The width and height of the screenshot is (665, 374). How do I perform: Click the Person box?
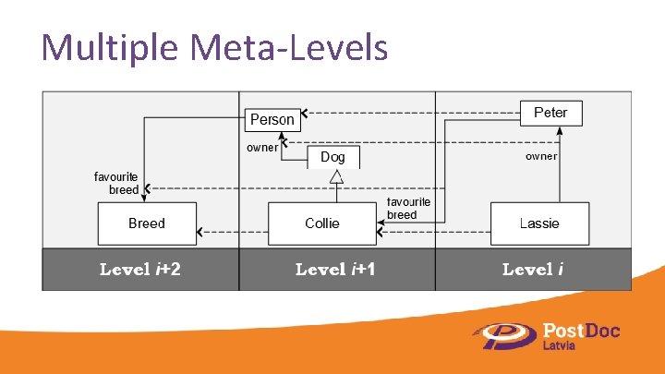click(272, 119)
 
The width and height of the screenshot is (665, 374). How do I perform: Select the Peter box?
click(550, 113)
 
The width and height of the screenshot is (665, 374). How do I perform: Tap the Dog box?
click(332, 157)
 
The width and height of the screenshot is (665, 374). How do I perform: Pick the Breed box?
click(147, 223)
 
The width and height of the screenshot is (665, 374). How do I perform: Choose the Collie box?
click(321, 223)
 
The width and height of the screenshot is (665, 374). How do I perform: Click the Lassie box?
click(539, 223)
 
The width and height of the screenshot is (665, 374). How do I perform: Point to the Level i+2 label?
click(140, 270)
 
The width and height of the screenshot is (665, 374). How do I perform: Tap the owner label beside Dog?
click(262, 147)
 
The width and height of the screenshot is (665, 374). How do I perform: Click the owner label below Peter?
click(541, 156)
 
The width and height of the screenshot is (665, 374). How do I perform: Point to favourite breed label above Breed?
click(116, 182)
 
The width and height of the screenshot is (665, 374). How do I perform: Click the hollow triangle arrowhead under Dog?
click(337, 176)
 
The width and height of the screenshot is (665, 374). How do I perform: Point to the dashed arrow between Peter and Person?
click(411, 116)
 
